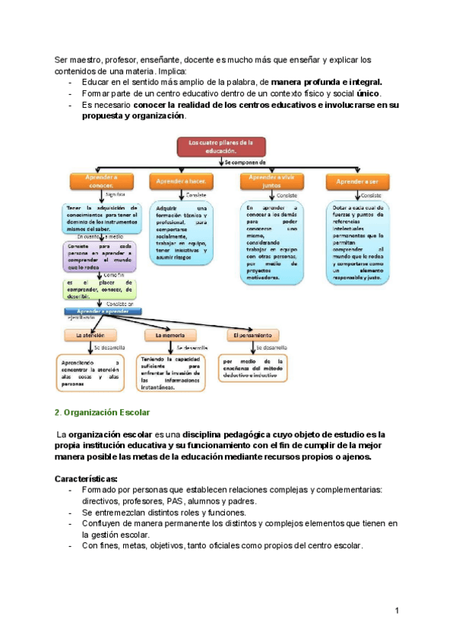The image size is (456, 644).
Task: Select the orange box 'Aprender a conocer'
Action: [x=97, y=181]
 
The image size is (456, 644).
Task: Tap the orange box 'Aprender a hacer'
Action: [x=179, y=182]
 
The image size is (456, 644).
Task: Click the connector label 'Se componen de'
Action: [x=245, y=163]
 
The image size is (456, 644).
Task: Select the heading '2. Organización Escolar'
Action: [x=103, y=412]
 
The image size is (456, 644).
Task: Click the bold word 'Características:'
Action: [x=86, y=479]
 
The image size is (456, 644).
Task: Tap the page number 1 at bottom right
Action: [x=397, y=611]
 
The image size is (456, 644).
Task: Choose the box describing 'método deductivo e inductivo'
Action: [x=254, y=366]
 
